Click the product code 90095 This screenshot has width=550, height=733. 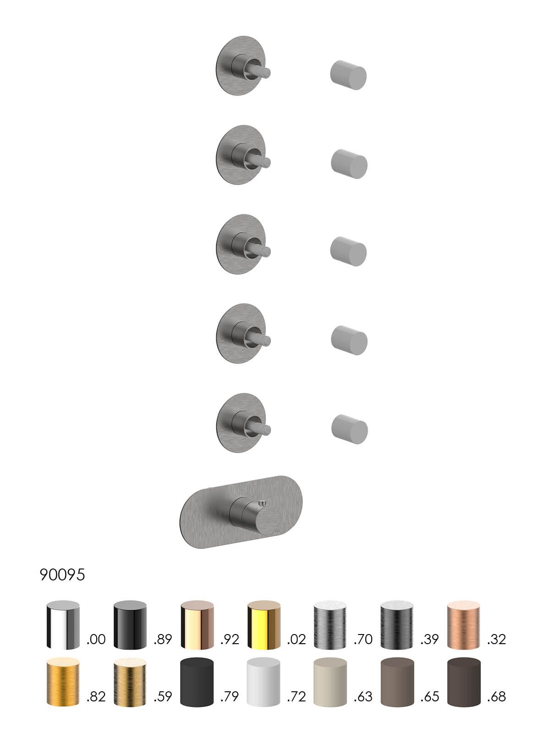[x=62, y=574]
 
